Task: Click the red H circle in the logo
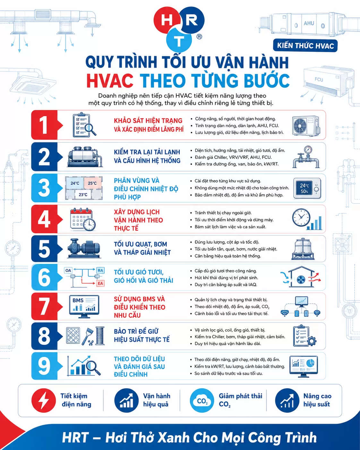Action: (x=167, y=20)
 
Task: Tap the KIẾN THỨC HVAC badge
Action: (x=305, y=45)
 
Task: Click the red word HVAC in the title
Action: (x=110, y=81)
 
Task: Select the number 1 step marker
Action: (x=44, y=125)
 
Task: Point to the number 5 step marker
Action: (x=44, y=249)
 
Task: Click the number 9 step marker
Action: (x=44, y=366)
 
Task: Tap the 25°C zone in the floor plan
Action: (x=92, y=183)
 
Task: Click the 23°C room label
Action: (x=83, y=195)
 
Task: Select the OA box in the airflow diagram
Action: (x=68, y=270)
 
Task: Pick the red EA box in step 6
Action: (x=100, y=283)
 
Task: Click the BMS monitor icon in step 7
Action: (x=84, y=306)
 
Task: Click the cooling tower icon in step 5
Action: (x=303, y=249)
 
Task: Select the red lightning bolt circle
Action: (x=44, y=401)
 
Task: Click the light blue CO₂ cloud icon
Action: (x=202, y=401)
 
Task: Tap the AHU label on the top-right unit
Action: (x=309, y=23)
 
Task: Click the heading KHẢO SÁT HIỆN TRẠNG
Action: (x=148, y=121)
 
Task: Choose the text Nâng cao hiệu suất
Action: (x=317, y=400)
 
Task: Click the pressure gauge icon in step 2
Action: (x=306, y=157)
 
